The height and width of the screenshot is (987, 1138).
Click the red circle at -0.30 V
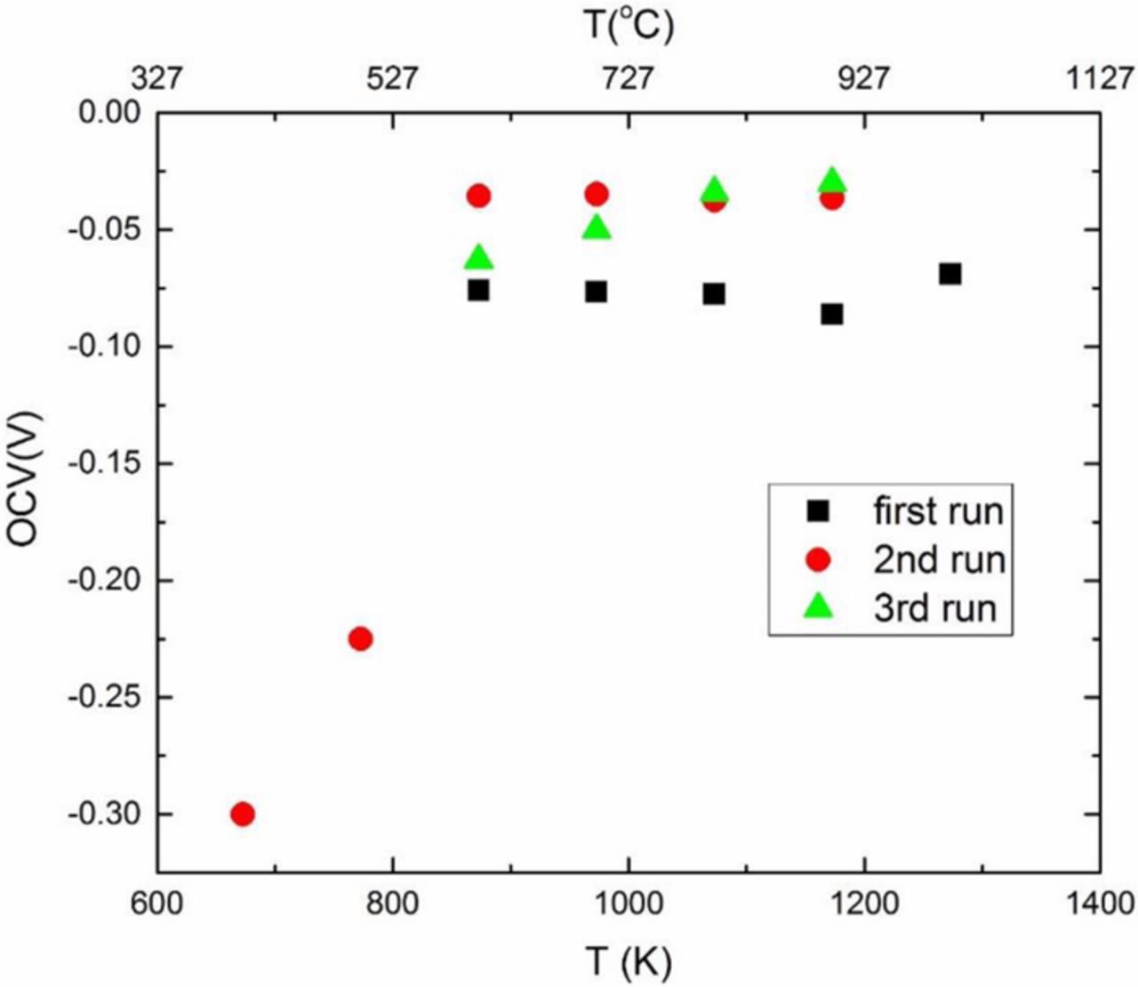pyautogui.click(x=243, y=814)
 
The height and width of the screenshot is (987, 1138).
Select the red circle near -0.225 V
pyautogui.click(x=360, y=638)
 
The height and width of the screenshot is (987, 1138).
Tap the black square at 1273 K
pyautogui.click(x=950, y=274)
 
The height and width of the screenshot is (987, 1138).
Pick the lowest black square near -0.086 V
pyautogui.click(x=832, y=314)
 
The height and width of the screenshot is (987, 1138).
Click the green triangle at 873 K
pyautogui.click(x=478, y=258)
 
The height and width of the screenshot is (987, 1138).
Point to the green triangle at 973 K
pyautogui.click(x=597, y=228)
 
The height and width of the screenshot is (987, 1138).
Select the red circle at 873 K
pyautogui.click(x=478, y=196)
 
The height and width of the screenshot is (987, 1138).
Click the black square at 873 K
pyautogui.click(x=478, y=290)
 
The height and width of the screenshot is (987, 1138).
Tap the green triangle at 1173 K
pyautogui.click(x=832, y=181)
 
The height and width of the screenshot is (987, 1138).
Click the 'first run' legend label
pyautogui.click(x=937, y=511)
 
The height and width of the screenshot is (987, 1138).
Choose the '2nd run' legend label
pyautogui.click(x=939, y=560)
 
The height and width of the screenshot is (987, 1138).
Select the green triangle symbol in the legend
pyautogui.click(x=817, y=607)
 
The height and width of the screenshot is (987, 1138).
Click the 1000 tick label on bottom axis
pyautogui.click(x=629, y=904)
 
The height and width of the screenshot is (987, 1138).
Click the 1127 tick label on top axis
pyautogui.click(x=1099, y=79)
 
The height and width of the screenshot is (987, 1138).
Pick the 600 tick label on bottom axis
pyautogui.click(x=157, y=904)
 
